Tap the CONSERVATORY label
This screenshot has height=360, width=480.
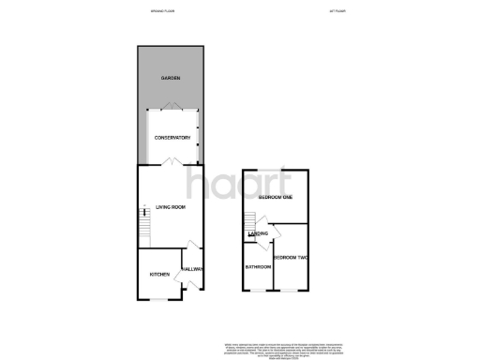tap(173, 138)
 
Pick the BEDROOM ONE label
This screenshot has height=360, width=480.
tap(277, 198)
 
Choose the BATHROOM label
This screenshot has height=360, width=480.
tap(259, 266)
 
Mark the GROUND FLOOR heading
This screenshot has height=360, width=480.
tap(164, 13)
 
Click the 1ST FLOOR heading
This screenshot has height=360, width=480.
tap(334, 13)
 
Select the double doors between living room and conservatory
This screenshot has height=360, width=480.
tap(169, 163)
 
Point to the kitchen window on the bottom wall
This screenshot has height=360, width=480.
tap(160, 300)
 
